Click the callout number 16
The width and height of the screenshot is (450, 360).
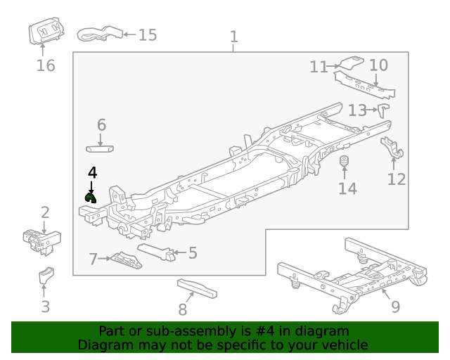pos(45,66)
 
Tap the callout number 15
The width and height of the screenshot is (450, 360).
pos(147,35)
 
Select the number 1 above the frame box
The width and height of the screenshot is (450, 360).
pos(234,37)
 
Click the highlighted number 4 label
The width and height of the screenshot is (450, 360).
pos(92,172)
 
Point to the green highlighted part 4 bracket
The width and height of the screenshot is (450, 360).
pos(90,198)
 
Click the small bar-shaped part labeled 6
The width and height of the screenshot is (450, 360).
pos(101,148)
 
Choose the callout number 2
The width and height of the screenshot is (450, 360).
pos(45,212)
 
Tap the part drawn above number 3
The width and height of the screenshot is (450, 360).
pos(46,276)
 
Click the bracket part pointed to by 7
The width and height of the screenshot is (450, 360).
pos(127,260)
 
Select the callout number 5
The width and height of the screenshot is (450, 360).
pos(193,252)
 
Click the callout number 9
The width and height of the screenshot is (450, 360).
pos(394,307)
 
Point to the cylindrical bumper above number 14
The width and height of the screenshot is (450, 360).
pos(346,164)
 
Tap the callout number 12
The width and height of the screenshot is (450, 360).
pos(397,179)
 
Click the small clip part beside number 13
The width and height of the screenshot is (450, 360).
pos(383,110)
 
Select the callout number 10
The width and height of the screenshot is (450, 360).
pos(378,65)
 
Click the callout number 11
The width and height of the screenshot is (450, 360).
pos(319,67)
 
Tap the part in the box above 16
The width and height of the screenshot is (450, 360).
pos(44,32)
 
